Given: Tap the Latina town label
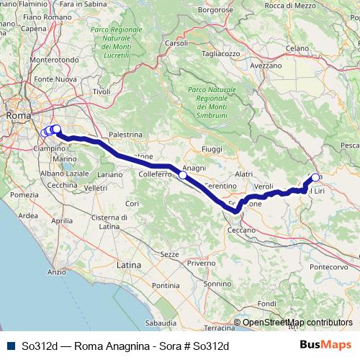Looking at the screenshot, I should click(x=129, y=265).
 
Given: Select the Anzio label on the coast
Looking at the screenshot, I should click(x=56, y=272).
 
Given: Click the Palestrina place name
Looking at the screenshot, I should click(x=126, y=135).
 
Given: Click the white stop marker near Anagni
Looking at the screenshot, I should click(x=183, y=175).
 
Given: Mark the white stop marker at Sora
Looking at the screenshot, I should click(x=315, y=177).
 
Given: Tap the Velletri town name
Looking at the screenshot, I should click(x=96, y=188).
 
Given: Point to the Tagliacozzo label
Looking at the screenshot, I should click(x=221, y=53).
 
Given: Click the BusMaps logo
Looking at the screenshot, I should click(x=325, y=345).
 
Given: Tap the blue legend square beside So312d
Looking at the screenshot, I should click(x=9, y=346).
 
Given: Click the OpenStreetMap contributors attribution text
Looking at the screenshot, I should click(x=297, y=323).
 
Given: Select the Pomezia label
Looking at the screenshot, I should click(x=24, y=195).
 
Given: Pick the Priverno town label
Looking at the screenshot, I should click(x=201, y=264).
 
